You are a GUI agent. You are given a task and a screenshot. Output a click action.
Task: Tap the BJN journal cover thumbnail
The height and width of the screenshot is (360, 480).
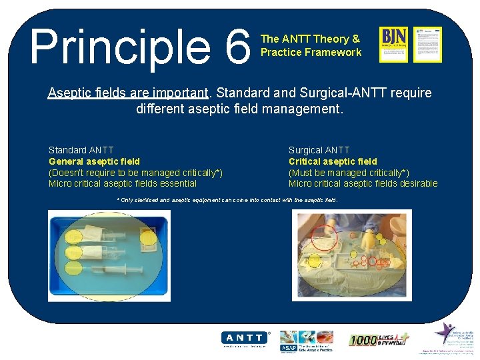click(393, 44)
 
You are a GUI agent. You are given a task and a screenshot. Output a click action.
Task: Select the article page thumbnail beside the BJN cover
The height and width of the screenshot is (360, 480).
click(427, 44)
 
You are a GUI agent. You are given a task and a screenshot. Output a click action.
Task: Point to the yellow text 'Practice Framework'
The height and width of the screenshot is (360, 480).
click(311, 52)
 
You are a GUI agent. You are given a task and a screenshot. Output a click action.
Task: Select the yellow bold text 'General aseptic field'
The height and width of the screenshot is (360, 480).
click(94, 161)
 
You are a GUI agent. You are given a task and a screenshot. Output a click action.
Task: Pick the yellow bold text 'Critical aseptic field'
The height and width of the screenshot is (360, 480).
click(332, 161)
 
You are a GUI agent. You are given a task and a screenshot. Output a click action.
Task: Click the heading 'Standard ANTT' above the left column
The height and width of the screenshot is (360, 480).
click(81, 150)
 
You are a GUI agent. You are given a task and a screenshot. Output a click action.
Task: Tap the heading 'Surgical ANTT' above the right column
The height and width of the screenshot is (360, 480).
click(319, 150)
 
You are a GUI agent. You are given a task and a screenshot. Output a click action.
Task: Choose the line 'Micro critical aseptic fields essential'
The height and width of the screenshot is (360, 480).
click(123, 183)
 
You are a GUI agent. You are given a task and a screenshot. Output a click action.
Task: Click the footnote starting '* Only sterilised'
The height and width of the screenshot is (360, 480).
click(227, 200)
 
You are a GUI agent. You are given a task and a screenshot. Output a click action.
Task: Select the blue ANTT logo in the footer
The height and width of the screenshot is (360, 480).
click(245, 338)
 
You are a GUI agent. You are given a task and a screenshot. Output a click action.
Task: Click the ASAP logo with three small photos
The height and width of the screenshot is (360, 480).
click(306, 339)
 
